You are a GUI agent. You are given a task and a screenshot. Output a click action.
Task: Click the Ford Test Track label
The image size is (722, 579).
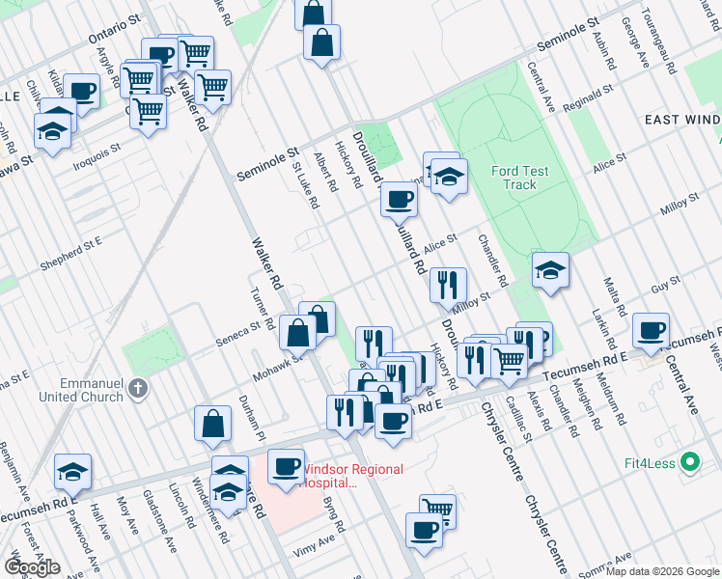pyautogui.click(x=519, y=178)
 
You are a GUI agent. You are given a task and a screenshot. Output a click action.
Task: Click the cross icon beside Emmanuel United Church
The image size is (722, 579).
pyautogui.click(x=138, y=388)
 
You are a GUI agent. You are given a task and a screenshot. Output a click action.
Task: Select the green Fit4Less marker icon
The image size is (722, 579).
pyautogui.click(x=689, y=462)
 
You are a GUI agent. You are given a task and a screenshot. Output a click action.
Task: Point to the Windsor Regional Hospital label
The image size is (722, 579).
pyautogui.click(x=351, y=476)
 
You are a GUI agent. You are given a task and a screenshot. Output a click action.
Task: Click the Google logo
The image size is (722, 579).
pyautogui.click(x=32, y=567)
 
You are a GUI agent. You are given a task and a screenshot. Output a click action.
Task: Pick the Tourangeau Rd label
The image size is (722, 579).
pyautogui.click(x=662, y=38)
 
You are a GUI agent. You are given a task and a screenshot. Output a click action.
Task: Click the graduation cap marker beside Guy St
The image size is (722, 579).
pyautogui.click(x=550, y=269)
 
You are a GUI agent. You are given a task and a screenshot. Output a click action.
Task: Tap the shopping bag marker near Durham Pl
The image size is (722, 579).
pyautogui.click(x=212, y=423)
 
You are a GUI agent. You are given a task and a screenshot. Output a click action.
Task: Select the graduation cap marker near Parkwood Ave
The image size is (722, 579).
pyautogui.click(x=73, y=471)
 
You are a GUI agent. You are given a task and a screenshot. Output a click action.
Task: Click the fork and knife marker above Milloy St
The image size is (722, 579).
pyautogui.click(x=447, y=285)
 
